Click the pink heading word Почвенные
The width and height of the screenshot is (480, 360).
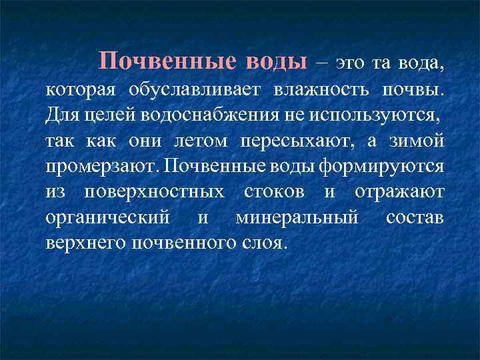pyautogui.click(x=167, y=61)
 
